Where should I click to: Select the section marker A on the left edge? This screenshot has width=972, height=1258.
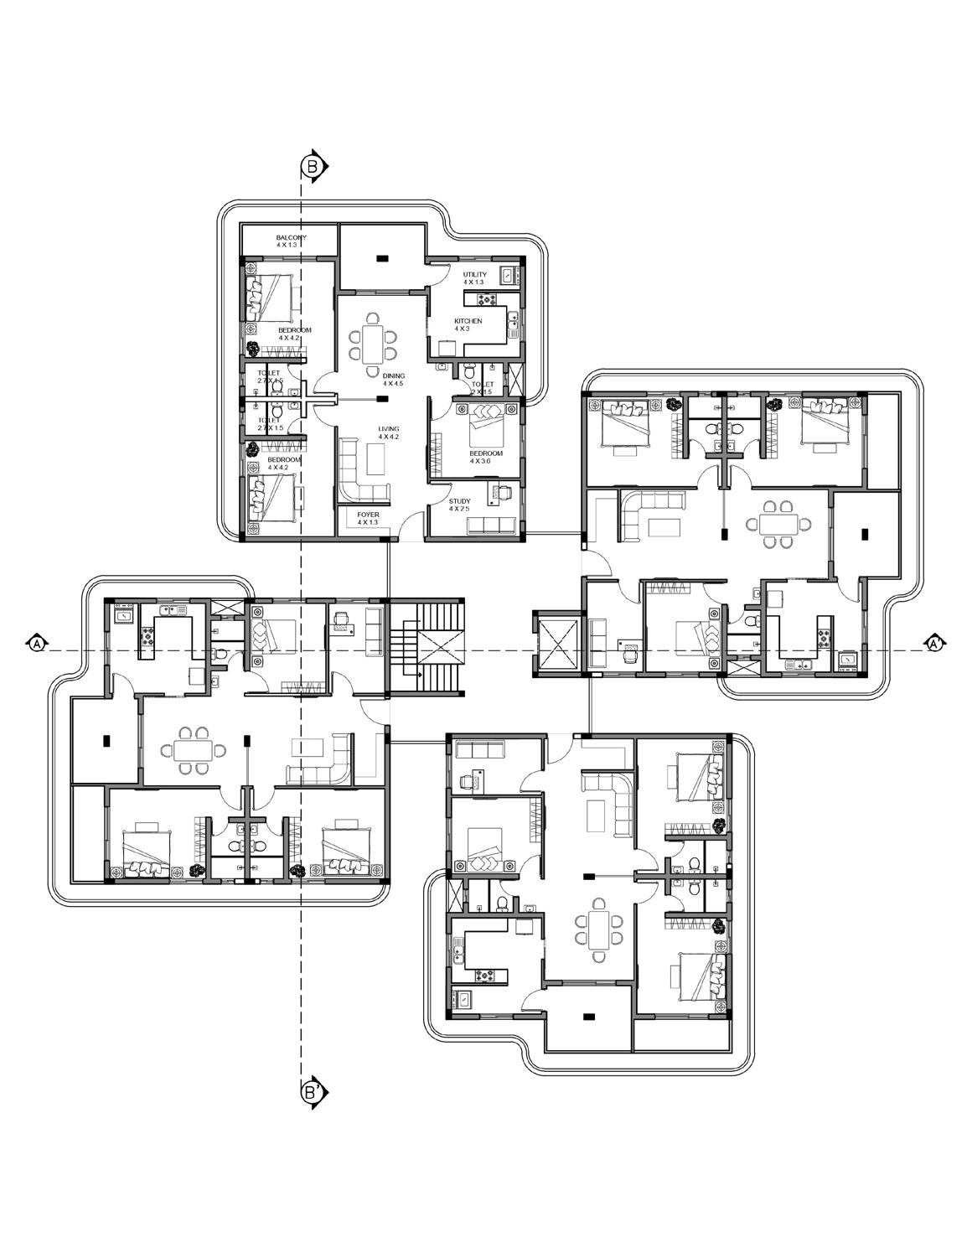37,644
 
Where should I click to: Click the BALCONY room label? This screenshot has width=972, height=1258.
291,238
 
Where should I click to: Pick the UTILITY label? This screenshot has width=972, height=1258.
474,275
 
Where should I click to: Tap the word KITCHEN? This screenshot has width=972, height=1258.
468,321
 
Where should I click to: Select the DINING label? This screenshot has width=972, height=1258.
394,375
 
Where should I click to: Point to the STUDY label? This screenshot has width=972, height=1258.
459,500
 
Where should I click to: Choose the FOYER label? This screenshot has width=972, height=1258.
368,514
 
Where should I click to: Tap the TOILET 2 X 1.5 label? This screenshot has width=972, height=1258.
483,388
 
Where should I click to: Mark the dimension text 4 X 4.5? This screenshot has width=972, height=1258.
393,384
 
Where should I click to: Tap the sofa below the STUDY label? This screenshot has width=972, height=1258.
490,525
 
